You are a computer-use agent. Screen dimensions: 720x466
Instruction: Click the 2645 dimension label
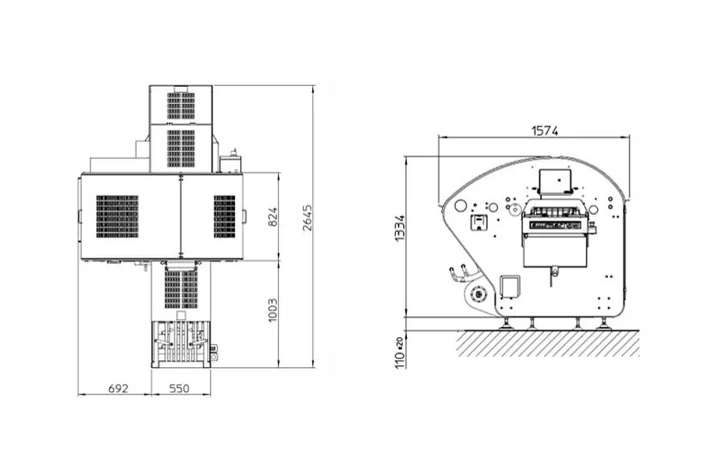[x=307, y=218]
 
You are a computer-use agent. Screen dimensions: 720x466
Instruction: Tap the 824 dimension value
[x=273, y=218]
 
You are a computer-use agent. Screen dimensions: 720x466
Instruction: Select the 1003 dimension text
[x=273, y=310]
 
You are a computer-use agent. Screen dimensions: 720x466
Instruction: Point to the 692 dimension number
[x=119, y=389]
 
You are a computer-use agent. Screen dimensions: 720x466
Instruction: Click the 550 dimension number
[x=179, y=389]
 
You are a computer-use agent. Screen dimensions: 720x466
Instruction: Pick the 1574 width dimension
[x=545, y=131]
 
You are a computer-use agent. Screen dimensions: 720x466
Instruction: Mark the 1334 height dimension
[x=400, y=228]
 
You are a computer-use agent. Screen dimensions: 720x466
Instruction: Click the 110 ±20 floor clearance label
[x=400, y=353]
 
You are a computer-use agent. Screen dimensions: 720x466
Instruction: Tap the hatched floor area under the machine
[x=547, y=343]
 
